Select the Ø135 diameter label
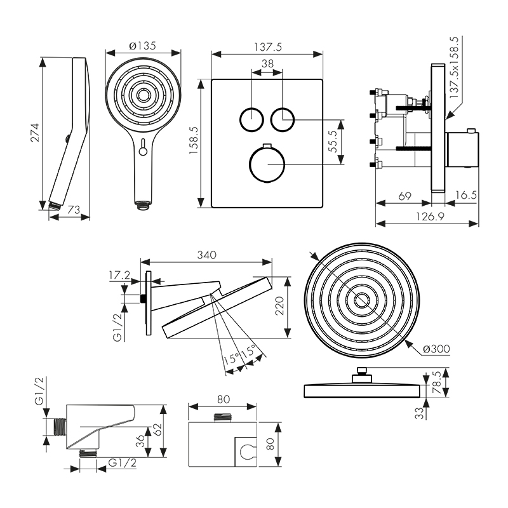(x=142, y=46)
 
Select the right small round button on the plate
(x=282, y=119)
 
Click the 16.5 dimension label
(x=465, y=196)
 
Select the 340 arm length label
(x=206, y=255)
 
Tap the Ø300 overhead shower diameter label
(x=437, y=349)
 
